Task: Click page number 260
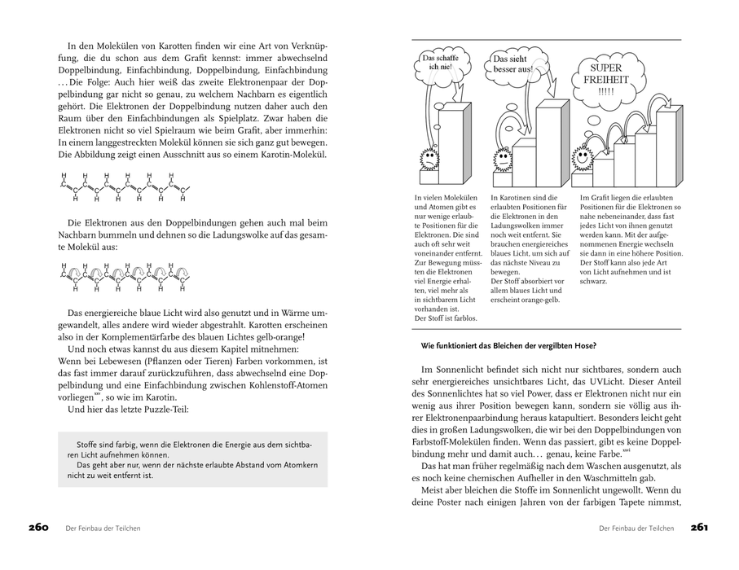coord(39,528)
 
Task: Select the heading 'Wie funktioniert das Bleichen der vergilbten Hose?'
coord(508,345)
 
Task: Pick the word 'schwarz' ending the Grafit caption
coord(593,282)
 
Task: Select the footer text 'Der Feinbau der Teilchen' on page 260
coord(103,528)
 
